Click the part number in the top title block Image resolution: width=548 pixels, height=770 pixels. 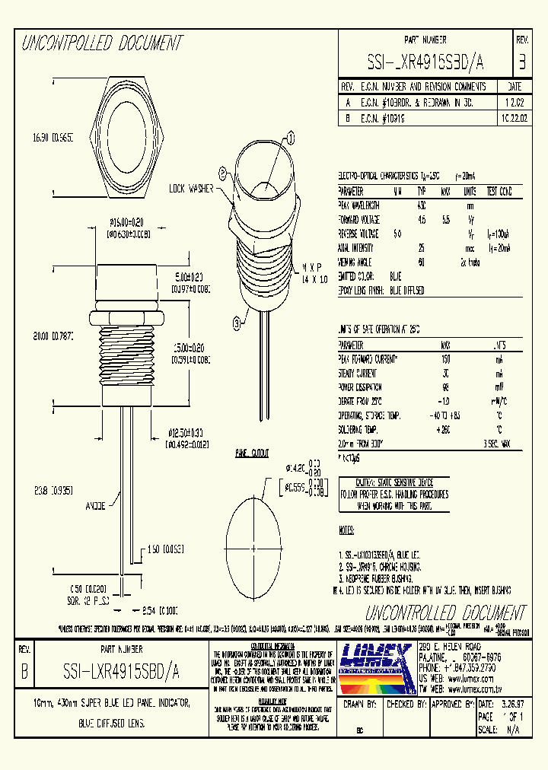(x=425, y=62)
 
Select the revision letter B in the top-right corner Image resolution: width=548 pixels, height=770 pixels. (x=521, y=61)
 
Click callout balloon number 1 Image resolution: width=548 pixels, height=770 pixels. (x=291, y=137)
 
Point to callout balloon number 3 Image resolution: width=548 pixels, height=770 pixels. (x=237, y=323)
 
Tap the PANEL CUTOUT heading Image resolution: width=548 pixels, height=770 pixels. (x=252, y=453)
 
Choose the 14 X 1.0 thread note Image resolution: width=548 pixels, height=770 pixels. (x=314, y=280)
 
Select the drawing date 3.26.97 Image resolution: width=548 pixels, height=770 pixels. (x=510, y=705)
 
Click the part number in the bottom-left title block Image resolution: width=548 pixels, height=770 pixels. (x=121, y=672)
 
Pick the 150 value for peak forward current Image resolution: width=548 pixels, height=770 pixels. (x=445, y=359)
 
